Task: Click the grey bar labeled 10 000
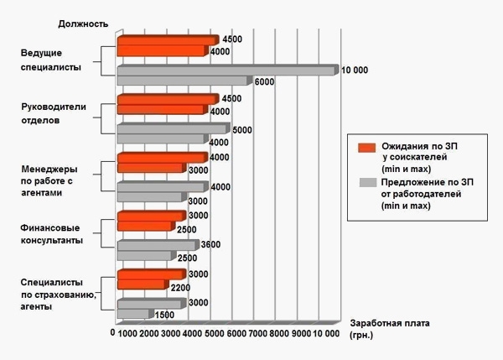(226, 70)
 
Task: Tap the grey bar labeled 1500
(134, 315)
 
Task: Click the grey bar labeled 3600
(157, 245)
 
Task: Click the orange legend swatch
(366, 148)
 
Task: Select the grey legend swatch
(366, 182)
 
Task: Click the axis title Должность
(84, 23)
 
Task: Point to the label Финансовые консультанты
(51, 233)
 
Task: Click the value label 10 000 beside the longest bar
(355, 70)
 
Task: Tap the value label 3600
(210, 245)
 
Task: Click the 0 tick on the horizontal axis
(112, 333)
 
